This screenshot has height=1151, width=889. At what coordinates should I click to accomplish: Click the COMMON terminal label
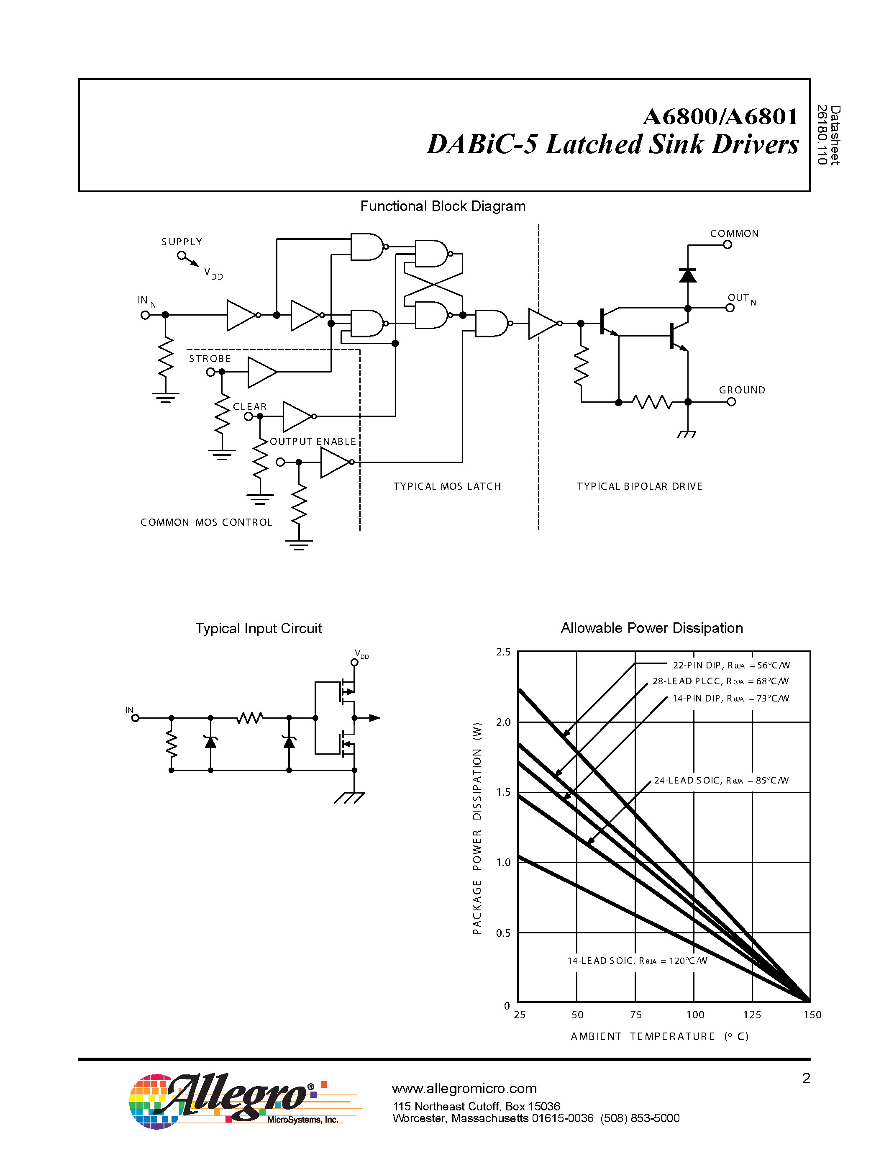coord(734,234)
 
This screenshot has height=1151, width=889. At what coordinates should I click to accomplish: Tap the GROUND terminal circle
coord(731,402)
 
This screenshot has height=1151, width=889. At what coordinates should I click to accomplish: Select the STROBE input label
coord(210,359)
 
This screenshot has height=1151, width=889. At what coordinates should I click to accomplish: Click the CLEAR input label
coord(250,407)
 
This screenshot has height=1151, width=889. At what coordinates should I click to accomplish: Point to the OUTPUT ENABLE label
coord(313,442)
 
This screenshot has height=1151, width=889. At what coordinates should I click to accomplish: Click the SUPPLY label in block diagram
coord(182,242)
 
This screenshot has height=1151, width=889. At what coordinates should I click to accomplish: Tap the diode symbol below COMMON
coord(687,275)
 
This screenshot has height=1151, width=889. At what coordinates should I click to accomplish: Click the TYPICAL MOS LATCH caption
coord(447,486)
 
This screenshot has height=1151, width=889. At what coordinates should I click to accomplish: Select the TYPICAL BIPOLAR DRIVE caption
coord(639,486)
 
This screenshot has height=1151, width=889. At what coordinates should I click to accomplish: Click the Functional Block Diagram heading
coord(442,206)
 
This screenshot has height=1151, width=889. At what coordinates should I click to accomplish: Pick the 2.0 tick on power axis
coord(503,722)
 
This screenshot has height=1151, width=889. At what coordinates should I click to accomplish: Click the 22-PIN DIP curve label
coord(731,665)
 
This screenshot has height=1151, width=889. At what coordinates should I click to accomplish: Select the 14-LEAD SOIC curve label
coord(637,961)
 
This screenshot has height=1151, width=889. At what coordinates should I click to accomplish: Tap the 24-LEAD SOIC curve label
coord(721,781)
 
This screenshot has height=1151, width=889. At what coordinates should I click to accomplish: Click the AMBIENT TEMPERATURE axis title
coord(659,1037)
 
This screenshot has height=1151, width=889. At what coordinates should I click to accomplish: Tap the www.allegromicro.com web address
coord(464,1088)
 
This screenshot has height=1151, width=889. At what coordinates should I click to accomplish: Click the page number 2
coord(806,1078)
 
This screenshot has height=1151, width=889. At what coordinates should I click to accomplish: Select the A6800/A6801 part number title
coord(720,116)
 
